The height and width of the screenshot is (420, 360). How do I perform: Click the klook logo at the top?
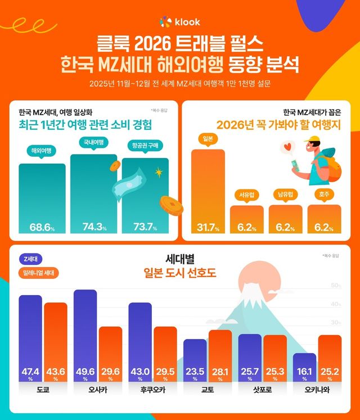click(179, 22)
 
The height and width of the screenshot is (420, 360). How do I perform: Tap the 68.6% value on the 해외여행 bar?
click(42, 227)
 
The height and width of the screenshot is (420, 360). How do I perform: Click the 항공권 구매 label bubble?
click(144, 146)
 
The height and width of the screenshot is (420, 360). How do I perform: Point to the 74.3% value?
click(93, 227)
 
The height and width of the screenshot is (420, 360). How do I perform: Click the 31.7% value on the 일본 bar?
click(208, 227)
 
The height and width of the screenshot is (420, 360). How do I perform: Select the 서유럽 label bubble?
click(246, 195)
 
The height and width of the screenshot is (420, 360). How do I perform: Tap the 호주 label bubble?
click(323, 195)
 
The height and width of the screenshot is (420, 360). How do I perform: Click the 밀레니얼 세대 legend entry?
click(43, 273)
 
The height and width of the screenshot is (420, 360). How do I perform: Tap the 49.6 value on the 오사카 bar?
click(84, 371)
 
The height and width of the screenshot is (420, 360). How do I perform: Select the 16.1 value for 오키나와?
click(304, 371)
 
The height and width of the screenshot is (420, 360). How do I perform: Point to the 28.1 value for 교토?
click(220, 371)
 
